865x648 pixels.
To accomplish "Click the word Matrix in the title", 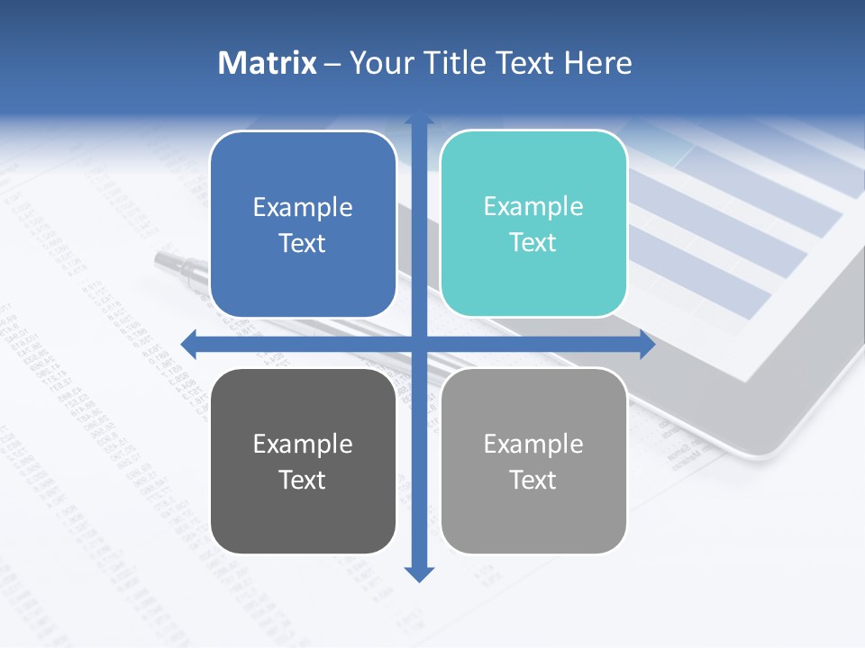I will click(x=267, y=63).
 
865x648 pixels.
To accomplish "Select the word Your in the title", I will click(x=378, y=63).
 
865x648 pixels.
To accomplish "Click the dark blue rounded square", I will click(x=303, y=224).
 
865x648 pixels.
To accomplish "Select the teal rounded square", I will click(x=533, y=224).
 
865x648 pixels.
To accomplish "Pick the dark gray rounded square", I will click(x=303, y=461).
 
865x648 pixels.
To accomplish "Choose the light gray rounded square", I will click(x=533, y=461).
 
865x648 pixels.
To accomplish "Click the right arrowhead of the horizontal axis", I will click(x=647, y=343).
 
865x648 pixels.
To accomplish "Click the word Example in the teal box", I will click(x=533, y=206).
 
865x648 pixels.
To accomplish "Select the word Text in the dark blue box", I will click(x=303, y=243).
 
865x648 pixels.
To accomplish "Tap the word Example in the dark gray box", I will click(x=303, y=444).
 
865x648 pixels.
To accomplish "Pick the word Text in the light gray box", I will click(x=533, y=480).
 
